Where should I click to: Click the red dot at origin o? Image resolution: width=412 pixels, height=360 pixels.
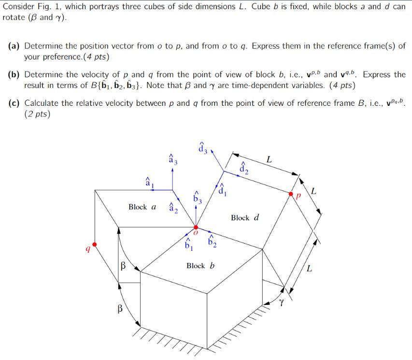point(196,227)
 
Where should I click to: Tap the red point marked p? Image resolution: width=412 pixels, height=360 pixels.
point(291,194)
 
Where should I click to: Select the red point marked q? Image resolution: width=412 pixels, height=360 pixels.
point(95,245)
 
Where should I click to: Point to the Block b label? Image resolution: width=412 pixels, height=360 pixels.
point(200,266)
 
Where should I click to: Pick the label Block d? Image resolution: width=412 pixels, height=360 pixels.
point(245,217)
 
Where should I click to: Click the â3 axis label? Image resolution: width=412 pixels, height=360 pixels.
point(172,158)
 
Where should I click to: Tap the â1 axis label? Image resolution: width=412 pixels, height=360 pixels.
point(148,183)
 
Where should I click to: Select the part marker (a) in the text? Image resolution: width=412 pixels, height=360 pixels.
point(14,46)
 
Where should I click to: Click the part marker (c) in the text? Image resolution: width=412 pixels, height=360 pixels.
point(14,103)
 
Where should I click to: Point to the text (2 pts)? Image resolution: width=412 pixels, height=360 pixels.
point(37,114)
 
